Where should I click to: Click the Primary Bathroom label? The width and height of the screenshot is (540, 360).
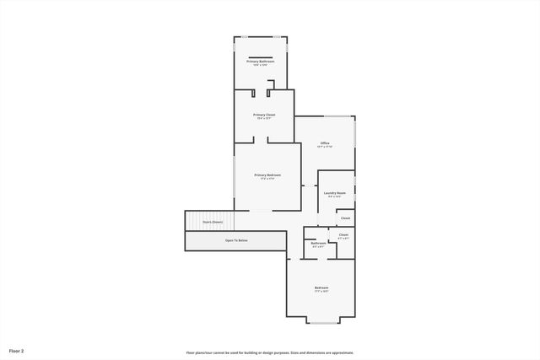click(261, 62)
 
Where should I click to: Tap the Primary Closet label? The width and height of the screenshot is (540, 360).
click(264, 115)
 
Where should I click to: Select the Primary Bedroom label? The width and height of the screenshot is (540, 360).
click(267, 175)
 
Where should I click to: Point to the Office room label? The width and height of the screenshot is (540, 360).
click(325, 143)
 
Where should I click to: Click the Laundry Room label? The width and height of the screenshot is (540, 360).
click(335, 193)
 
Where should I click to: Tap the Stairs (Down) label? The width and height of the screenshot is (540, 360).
click(212, 222)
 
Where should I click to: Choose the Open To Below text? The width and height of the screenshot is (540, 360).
click(236, 240)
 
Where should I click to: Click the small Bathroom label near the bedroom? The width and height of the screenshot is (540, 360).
click(318, 243)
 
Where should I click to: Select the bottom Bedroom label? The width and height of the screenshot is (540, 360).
click(321, 287)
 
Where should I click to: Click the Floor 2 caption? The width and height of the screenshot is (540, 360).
click(17, 350)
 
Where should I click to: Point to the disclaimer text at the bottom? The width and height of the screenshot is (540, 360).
click(270, 352)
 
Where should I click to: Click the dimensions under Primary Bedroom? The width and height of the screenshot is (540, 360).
click(267, 179)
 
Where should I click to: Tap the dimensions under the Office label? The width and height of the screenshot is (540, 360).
click(325, 148)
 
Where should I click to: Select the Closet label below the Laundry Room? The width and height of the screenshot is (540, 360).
click(345, 218)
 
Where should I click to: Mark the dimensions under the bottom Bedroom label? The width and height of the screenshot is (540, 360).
click(321, 292)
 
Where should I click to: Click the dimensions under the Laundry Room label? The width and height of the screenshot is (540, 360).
click(335, 197)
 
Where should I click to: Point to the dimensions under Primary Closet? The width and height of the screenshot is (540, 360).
click(264, 119)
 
